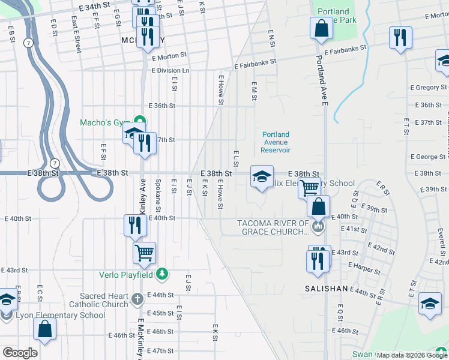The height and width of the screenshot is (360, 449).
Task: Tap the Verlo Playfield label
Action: coord(127,275)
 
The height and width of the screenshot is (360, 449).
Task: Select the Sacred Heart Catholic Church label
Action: coord(105,300)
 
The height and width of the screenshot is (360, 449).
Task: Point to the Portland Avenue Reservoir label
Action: coord(276,142)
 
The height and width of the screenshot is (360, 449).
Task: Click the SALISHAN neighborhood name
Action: coord(326,289)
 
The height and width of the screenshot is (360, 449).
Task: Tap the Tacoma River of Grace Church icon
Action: coord(318,226)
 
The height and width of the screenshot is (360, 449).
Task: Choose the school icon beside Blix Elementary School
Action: coord(262,177)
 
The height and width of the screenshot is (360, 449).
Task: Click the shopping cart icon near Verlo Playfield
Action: coord(145,253)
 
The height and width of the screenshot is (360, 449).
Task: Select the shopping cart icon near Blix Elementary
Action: coord(309,187)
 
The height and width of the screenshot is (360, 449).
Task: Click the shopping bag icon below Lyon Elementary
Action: coord(44,328)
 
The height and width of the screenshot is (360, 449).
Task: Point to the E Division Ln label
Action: coord(170,70)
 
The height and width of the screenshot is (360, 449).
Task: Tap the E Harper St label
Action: coord(360,265)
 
